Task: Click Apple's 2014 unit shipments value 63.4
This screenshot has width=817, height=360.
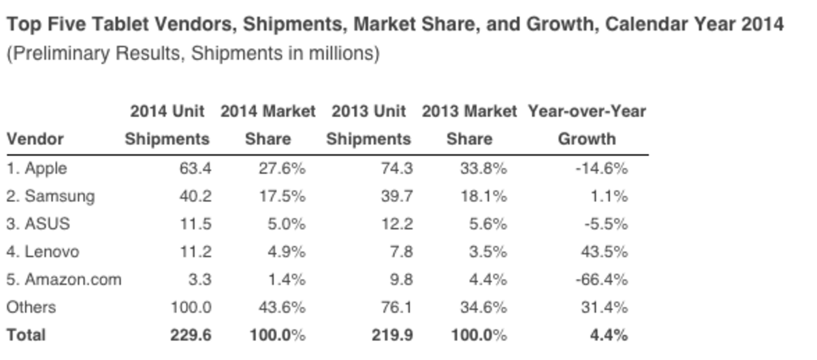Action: coord(195,169)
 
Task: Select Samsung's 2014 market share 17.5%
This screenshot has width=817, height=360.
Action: coord(282,197)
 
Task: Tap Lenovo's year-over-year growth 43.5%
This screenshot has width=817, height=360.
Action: coord(605,252)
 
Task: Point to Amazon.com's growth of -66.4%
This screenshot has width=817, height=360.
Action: coord(603,280)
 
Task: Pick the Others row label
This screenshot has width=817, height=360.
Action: coord(31,308)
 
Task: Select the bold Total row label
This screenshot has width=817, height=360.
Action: coord(26,335)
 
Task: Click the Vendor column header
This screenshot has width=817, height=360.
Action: coord(35,140)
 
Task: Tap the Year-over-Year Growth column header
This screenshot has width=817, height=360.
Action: coord(586,125)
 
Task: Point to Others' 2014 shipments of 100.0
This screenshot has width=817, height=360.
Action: coord(191,308)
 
